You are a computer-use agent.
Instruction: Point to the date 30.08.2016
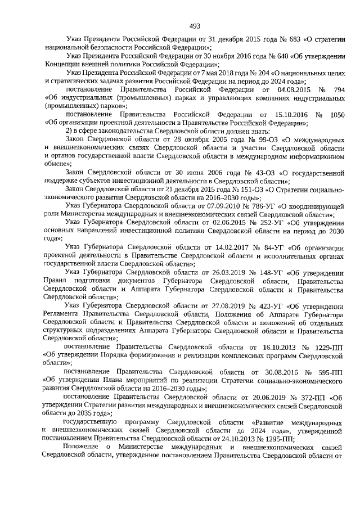point(273,372)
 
